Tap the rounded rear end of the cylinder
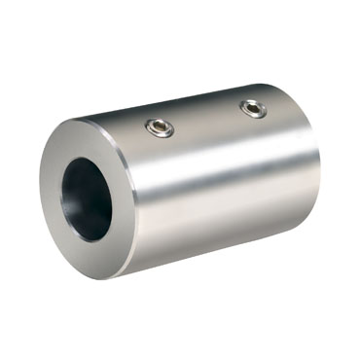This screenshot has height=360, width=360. (313, 175)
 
